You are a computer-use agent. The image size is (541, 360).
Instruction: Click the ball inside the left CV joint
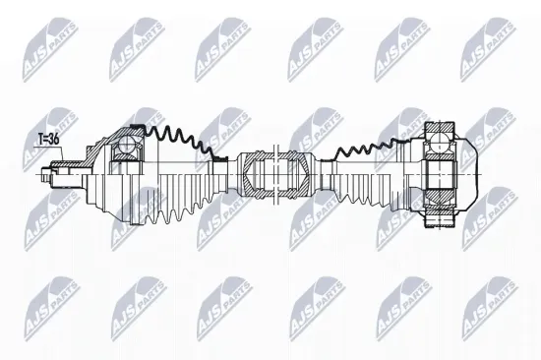[125, 150]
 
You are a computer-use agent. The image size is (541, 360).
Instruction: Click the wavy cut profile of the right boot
[369, 146]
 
